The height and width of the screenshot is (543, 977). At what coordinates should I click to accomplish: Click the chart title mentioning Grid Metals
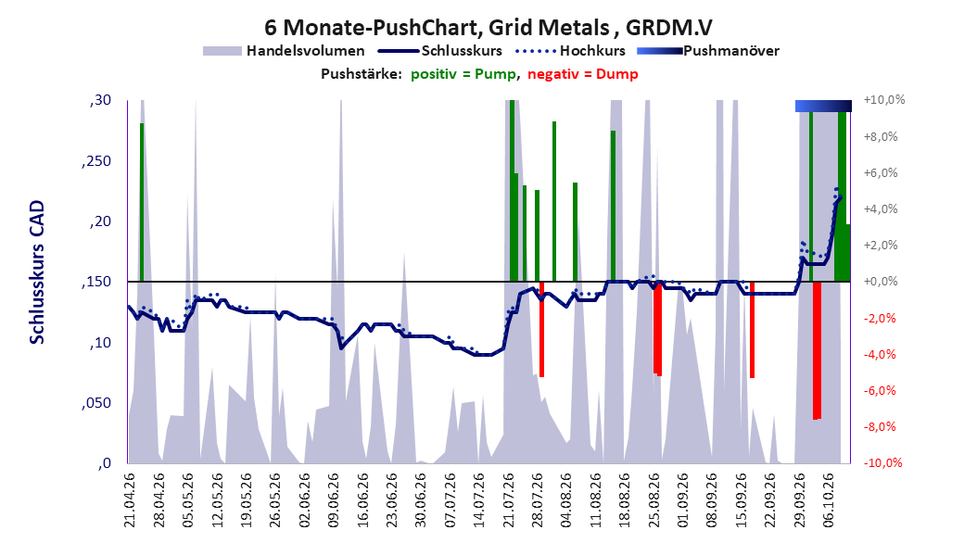[x=488, y=28]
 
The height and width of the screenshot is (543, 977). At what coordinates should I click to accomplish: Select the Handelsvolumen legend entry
[x=285, y=51]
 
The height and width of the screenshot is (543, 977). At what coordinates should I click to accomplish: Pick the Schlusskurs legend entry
[x=440, y=51]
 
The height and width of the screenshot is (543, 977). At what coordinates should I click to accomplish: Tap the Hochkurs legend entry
[x=571, y=51]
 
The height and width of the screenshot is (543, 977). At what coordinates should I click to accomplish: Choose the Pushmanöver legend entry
[x=708, y=51]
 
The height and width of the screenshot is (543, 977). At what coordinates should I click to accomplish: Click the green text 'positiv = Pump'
[x=463, y=74]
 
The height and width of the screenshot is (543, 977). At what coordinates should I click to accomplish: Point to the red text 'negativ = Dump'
[x=583, y=74]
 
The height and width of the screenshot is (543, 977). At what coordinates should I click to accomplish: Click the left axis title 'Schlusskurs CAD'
[x=37, y=272]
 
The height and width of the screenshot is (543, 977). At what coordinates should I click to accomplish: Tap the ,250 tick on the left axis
[x=96, y=161]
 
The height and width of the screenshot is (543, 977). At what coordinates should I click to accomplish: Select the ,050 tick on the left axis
[x=96, y=403]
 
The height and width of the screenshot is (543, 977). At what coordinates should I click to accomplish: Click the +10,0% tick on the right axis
[x=884, y=100]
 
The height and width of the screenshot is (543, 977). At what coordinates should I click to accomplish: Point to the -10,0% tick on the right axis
[x=882, y=462]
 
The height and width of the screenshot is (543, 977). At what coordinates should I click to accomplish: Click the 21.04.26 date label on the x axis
[x=130, y=500]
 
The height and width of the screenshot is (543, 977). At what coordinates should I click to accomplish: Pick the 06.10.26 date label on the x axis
[x=829, y=500]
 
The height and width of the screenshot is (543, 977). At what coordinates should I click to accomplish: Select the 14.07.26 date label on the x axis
[x=479, y=500]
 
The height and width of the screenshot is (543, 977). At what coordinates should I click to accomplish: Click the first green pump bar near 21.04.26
[x=142, y=202]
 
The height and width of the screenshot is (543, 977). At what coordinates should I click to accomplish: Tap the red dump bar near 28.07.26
[x=541, y=329]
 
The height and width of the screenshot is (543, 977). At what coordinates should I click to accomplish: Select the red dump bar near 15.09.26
[x=752, y=329]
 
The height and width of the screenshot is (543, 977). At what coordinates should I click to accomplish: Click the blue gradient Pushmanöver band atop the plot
[x=823, y=106]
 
